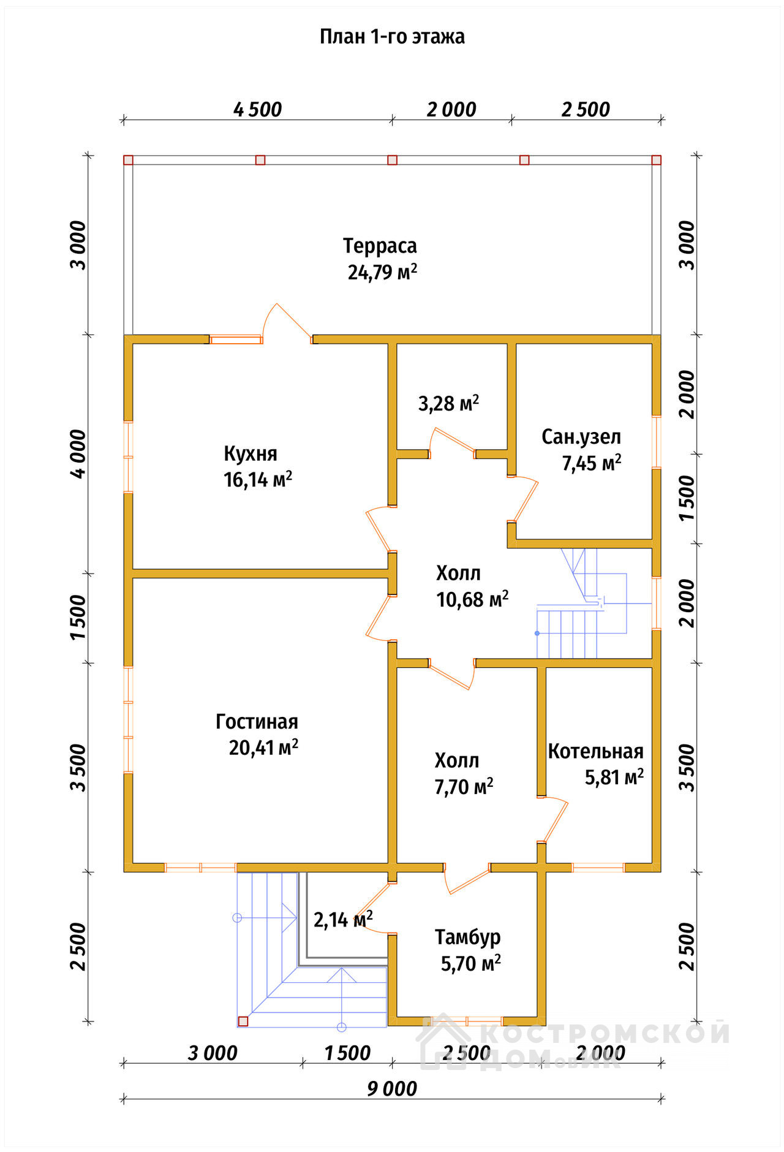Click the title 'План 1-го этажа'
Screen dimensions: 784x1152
point(392,37)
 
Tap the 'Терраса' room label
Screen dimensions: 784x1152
point(380,246)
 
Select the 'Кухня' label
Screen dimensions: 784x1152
point(251,453)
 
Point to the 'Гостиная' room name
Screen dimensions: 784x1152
point(257,722)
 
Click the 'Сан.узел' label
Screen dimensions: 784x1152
point(581,437)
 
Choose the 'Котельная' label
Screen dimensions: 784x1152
point(595,751)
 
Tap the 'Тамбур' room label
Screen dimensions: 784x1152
point(468,938)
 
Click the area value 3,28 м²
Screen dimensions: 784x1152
point(448,403)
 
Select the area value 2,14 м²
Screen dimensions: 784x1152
point(343,920)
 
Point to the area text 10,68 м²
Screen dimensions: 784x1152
point(472,599)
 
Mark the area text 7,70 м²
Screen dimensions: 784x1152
point(464,787)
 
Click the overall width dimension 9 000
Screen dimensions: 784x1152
point(392,1089)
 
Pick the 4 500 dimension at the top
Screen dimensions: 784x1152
point(258,110)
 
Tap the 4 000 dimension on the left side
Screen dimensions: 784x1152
point(78,454)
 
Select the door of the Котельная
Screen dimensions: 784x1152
point(552,819)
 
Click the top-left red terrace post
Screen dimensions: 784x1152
point(128,160)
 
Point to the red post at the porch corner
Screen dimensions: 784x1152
point(243,1021)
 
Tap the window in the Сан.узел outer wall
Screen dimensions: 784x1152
point(657,442)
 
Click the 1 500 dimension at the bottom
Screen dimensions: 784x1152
point(347,1053)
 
